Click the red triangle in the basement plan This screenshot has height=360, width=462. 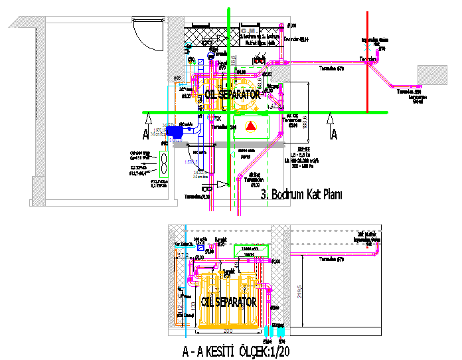(250, 126)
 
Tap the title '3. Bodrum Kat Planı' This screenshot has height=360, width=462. (301, 195)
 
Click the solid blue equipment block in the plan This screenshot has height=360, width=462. (176, 132)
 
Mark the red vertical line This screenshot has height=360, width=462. (366, 63)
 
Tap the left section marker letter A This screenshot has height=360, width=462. (145, 134)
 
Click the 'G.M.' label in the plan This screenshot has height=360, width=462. (250, 31)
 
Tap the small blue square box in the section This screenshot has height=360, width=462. (201, 256)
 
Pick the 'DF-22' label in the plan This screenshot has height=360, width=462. (301, 147)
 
